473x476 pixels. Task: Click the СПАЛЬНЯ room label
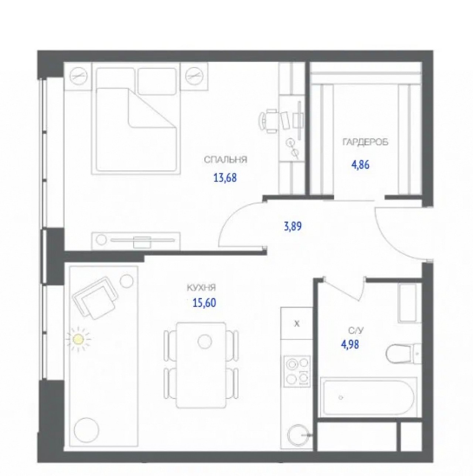[x=225, y=160]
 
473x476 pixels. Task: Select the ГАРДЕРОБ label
[x=365, y=142]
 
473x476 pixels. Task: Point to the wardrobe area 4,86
[x=360, y=164]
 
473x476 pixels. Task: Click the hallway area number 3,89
[x=293, y=226]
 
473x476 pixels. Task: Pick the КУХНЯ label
[x=201, y=288]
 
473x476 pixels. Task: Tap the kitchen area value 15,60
[x=204, y=302]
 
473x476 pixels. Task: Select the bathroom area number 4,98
[x=350, y=344]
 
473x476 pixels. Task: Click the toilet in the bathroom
[x=403, y=354]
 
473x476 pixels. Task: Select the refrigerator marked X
[x=297, y=323]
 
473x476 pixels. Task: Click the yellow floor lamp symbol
[x=79, y=339]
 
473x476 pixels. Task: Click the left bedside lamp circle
[x=78, y=75]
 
